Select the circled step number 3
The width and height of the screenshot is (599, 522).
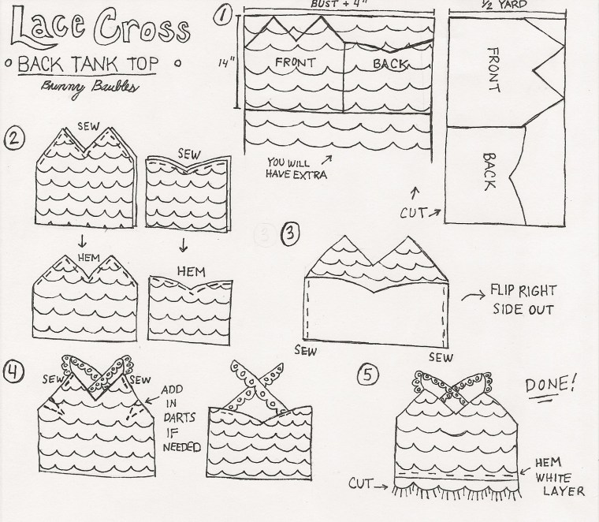pos(291,233)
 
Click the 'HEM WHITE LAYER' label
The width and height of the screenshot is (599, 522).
pos(557,475)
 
